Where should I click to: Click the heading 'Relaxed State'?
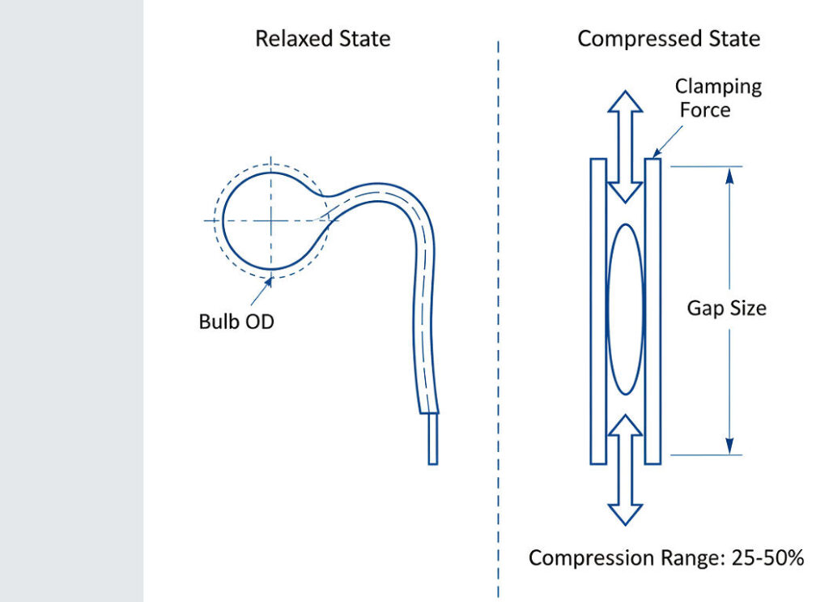322,38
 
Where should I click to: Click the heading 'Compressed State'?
669,38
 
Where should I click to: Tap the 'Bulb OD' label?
236,322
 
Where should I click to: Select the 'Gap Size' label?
726,309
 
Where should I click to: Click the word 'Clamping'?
718,86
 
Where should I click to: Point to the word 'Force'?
705,109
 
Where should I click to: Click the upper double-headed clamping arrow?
625,146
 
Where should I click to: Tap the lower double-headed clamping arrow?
625,470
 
